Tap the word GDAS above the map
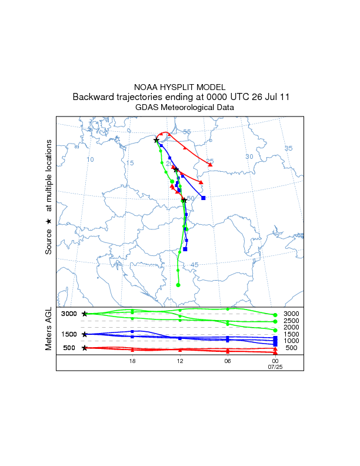(x=146, y=108)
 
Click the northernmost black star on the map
(x=156, y=140)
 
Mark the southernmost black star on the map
(x=184, y=200)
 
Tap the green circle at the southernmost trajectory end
(x=178, y=285)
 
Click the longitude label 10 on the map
(x=90, y=159)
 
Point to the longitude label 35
(x=288, y=148)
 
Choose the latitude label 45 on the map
(x=195, y=265)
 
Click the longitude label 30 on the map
(x=249, y=156)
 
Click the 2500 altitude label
(x=291, y=321)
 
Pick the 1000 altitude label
(x=291, y=341)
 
